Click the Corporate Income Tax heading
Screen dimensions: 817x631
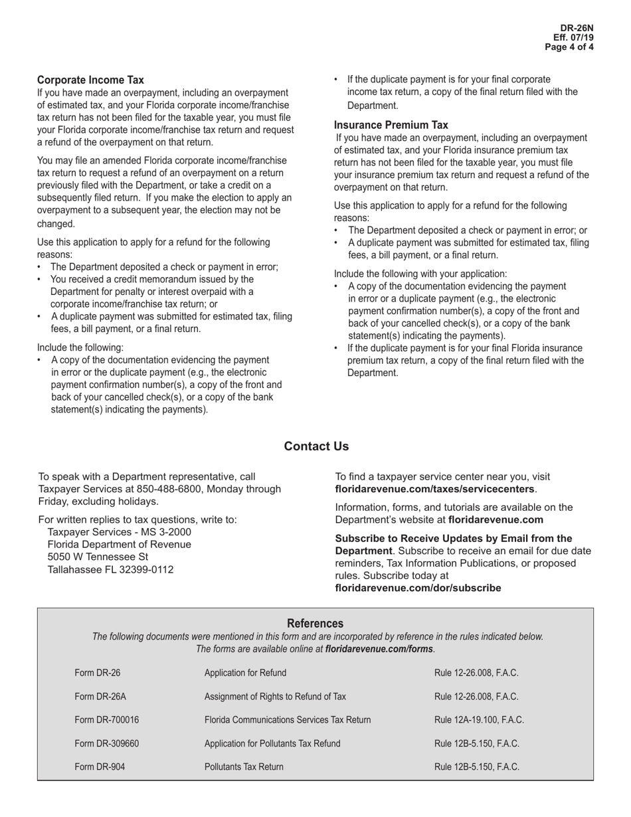tap(90, 80)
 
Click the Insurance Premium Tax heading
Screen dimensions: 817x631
tap(391, 125)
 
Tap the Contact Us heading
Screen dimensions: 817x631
tap(316, 446)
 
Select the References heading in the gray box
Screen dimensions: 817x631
tap(315, 623)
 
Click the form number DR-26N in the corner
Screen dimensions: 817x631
tap(577, 29)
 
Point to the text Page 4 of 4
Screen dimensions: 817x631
tap(569, 47)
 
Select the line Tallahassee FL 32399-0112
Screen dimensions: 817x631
tap(110, 569)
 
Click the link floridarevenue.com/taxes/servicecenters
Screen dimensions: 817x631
tap(434, 489)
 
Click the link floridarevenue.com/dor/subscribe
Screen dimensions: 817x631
tap(418, 588)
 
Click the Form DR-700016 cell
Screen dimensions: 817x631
tap(107, 720)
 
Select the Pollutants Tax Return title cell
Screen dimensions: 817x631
tap(244, 767)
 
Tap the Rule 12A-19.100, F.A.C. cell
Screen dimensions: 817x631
tap(479, 720)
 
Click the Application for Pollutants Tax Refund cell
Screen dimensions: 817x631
tap(272, 743)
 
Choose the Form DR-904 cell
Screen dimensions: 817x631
tap(100, 767)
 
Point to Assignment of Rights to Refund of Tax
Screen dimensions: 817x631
tap(275, 696)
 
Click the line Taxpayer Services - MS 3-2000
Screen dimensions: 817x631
tap(120, 532)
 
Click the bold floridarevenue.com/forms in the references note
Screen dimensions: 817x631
tap(379, 649)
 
